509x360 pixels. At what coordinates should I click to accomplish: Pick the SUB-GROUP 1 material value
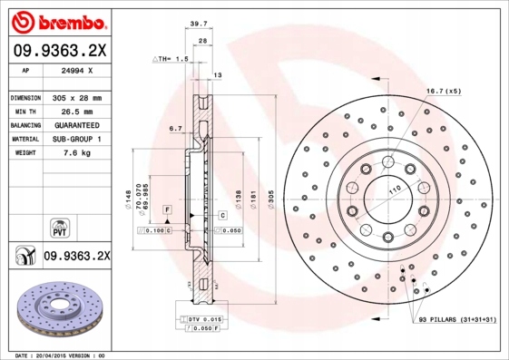coord(76,139)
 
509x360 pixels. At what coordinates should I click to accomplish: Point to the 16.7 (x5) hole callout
coord(444,92)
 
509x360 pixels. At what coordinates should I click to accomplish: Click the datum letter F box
coord(168,210)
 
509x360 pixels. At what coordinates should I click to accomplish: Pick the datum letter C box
coord(221,215)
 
